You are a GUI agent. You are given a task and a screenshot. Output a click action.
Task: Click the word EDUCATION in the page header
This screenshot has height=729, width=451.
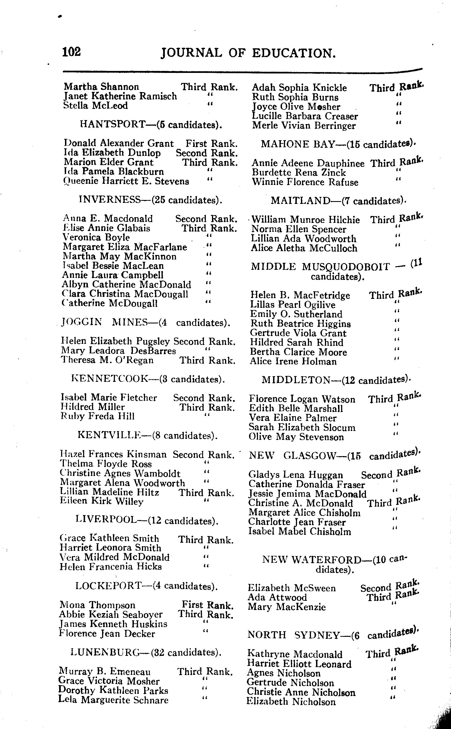294,53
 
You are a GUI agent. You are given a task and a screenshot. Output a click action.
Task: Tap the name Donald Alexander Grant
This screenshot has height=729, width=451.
119,143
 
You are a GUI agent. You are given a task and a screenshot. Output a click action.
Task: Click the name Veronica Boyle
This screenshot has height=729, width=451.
96,237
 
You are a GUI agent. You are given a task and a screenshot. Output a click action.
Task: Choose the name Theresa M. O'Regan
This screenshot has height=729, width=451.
107,360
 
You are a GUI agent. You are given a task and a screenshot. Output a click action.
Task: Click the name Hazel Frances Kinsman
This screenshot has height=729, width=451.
113,454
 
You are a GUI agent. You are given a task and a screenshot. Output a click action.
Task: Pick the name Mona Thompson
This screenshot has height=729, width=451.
97,605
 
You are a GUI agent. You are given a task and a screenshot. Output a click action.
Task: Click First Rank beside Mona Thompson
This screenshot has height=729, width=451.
207,605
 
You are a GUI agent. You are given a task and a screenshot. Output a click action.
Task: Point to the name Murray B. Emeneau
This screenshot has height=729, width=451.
105,672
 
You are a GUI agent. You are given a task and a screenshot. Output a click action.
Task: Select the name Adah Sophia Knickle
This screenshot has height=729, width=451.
299,88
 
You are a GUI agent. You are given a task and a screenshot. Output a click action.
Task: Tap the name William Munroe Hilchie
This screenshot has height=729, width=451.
305,220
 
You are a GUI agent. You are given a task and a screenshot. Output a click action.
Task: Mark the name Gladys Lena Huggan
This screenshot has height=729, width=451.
296,475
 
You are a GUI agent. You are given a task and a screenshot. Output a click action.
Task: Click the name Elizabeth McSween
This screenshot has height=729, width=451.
291,588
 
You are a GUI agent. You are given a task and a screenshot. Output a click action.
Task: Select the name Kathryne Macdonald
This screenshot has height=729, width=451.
295,654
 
